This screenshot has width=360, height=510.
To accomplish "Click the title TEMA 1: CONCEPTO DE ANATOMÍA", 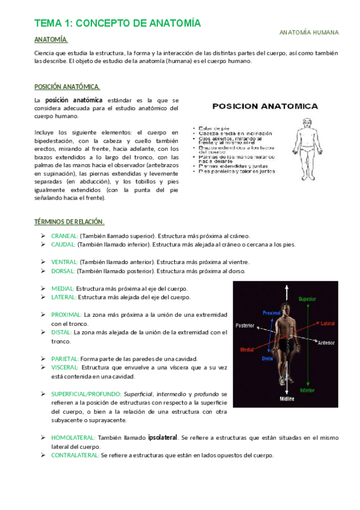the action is [117, 23].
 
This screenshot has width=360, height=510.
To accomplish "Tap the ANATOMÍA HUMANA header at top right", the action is [309, 32].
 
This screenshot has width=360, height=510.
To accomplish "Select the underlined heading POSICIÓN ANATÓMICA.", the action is [67, 87].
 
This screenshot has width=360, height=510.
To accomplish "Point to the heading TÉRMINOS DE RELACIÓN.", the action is [69, 222].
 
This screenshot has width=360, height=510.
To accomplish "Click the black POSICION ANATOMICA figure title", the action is [266, 106].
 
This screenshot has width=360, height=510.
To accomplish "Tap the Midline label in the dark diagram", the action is [286, 398].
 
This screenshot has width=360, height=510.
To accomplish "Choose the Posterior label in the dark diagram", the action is [245, 325].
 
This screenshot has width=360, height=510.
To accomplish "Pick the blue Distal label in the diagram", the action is [267, 358].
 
